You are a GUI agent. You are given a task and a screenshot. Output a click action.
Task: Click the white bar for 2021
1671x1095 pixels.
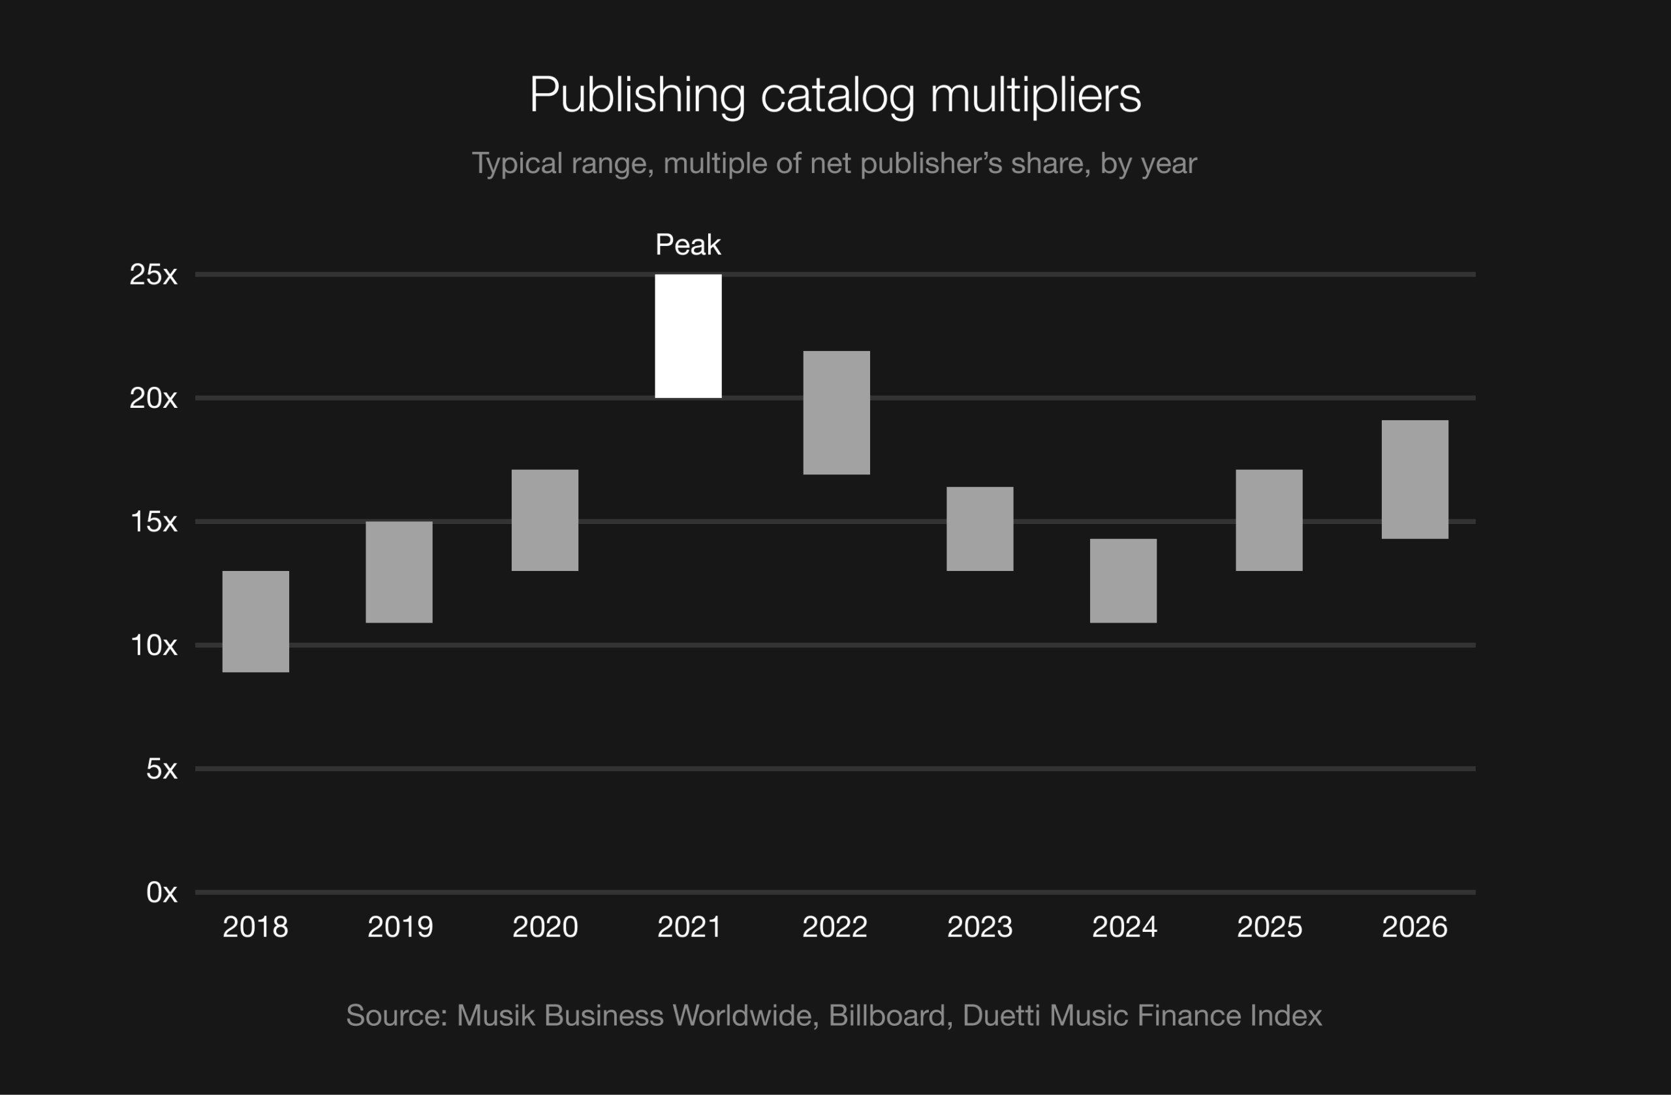pyautogui.click(x=688, y=336)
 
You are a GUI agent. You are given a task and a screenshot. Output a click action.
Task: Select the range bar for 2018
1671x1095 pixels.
pyautogui.click(x=256, y=621)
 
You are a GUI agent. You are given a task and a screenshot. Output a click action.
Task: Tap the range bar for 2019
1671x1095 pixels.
pyautogui.click(x=399, y=572)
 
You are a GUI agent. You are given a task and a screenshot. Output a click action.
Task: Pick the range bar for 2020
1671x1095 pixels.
pyautogui.click(x=545, y=520)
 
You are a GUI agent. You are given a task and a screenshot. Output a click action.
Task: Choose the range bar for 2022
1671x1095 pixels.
pyautogui.click(x=836, y=412)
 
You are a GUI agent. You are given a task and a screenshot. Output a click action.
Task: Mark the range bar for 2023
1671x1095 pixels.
pyautogui.click(x=980, y=529)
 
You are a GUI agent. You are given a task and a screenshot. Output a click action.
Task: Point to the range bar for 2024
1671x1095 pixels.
pyautogui.click(x=1123, y=581)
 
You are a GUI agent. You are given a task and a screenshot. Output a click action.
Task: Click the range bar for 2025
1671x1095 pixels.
pyautogui.click(x=1269, y=520)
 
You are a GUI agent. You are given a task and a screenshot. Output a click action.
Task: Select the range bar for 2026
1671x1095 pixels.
pyautogui.click(x=1414, y=480)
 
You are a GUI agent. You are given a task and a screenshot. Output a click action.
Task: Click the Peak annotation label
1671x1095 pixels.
pyautogui.click(x=688, y=245)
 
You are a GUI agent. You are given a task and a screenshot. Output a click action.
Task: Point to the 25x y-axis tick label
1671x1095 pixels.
pyautogui.click(x=153, y=275)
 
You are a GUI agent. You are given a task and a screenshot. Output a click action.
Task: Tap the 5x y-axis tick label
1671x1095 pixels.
pyautogui.click(x=161, y=769)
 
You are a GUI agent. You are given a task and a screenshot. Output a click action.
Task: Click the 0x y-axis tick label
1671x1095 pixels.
pyautogui.click(x=161, y=892)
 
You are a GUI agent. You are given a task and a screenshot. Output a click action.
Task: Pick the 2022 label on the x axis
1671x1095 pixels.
pyautogui.click(x=835, y=927)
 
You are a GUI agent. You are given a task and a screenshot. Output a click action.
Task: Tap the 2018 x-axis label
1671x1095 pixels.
pyautogui.click(x=256, y=927)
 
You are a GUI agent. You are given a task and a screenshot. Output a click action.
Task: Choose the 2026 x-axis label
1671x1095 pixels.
pyautogui.click(x=1414, y=927)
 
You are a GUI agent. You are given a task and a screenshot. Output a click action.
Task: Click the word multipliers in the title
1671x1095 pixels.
pyautogui.click(x=1036, y=95)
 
